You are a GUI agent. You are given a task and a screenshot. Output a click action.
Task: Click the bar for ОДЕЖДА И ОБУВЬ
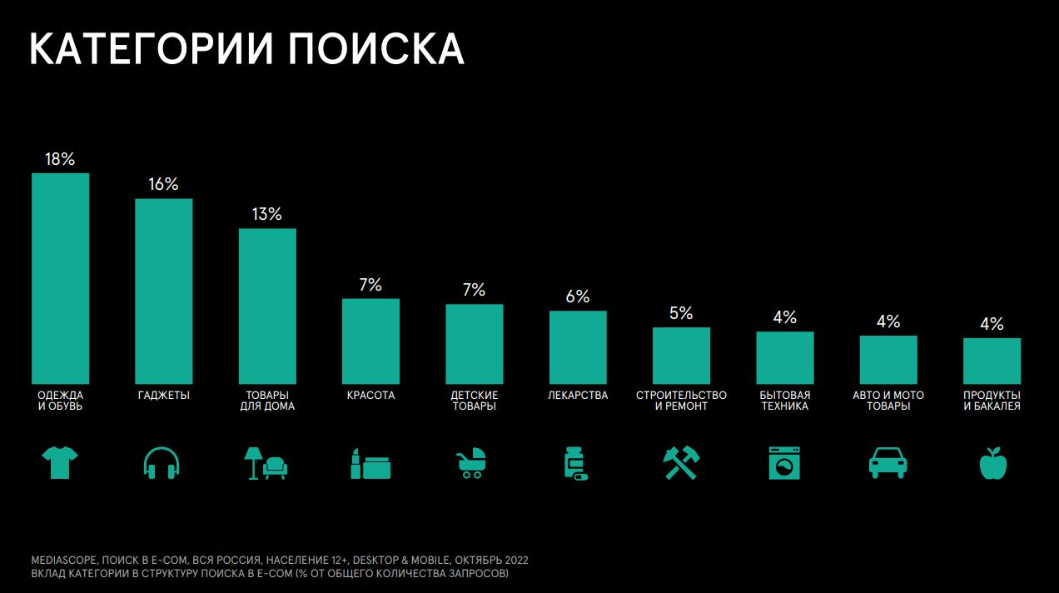[60, 277]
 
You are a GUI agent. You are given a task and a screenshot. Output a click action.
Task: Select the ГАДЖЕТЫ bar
[164, 290]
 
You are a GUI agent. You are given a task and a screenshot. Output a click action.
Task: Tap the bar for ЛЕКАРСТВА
[578, 346]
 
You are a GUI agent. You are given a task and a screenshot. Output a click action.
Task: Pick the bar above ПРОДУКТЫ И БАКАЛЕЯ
[992, 360]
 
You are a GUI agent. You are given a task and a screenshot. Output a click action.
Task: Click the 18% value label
[60, 159]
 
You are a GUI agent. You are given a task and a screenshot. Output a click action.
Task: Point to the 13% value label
[267, 214]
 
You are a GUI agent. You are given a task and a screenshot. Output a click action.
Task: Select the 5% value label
[681, 313]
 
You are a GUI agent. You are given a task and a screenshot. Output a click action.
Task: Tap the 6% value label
[578, 296]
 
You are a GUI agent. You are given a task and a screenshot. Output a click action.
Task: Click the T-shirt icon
[60, 462]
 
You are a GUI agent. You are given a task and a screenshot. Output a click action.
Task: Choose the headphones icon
[162, 462]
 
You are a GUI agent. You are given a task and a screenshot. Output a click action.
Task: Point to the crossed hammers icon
[681, 463]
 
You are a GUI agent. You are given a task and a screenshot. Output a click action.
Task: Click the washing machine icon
[784, 463]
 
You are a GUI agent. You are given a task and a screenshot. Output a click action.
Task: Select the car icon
[887, 462]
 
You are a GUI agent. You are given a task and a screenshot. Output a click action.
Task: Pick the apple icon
[992, 463]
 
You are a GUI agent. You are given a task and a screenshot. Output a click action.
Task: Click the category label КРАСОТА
[370, 396]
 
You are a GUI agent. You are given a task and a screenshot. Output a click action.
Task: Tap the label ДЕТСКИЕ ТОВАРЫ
[475, 401]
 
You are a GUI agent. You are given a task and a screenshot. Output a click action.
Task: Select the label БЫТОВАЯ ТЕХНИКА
[784, 401]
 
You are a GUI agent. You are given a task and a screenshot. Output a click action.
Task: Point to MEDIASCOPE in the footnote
[65, 560]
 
